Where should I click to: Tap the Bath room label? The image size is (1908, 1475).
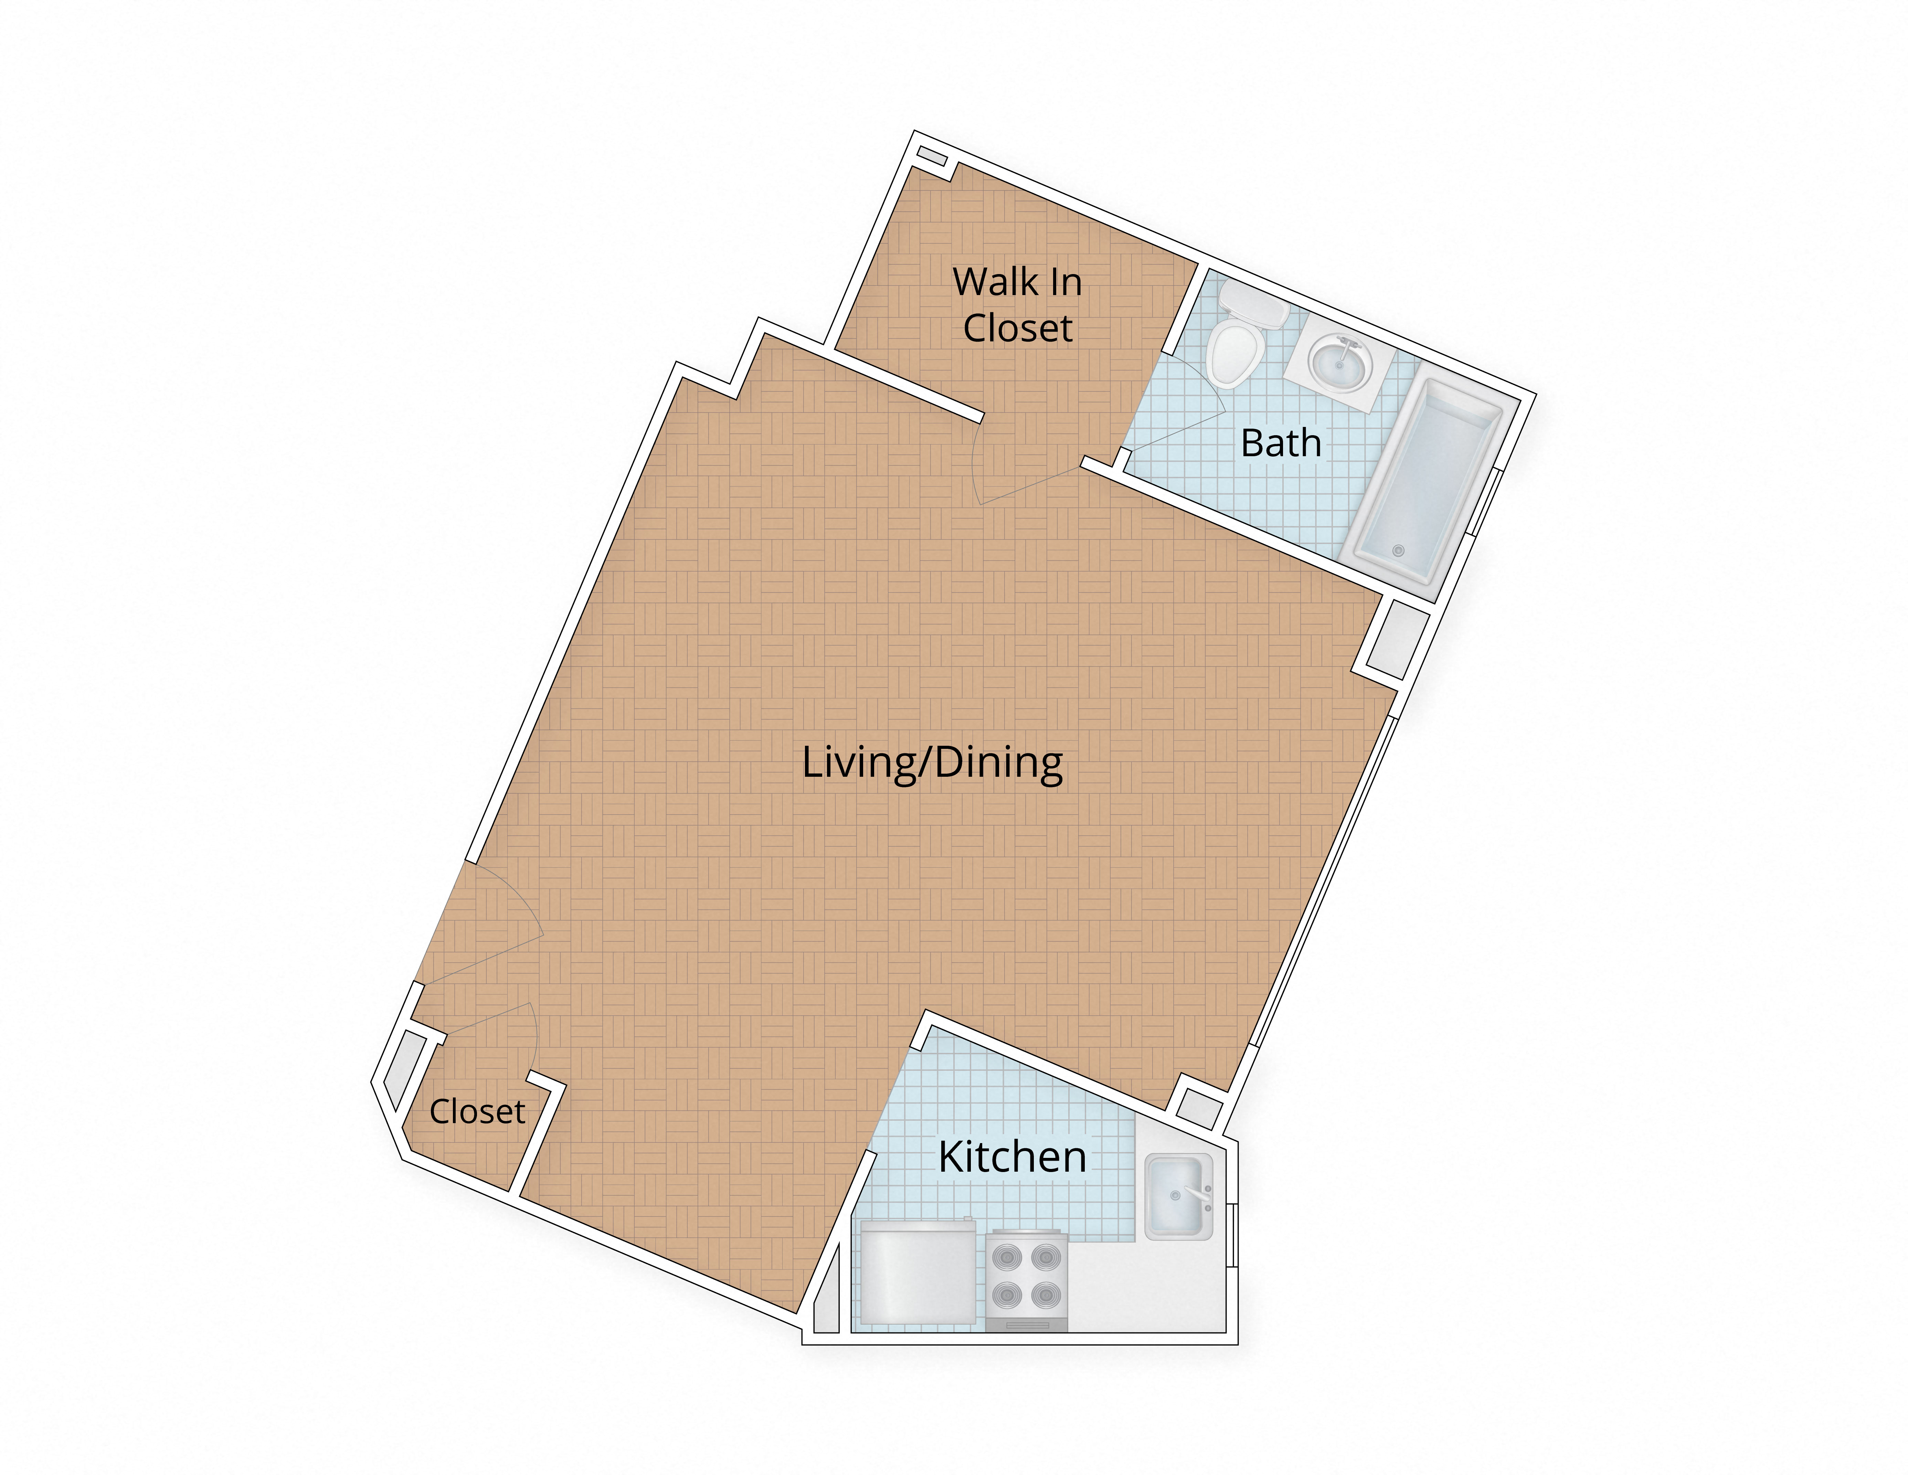pyautogui.click(x=1281, y=443)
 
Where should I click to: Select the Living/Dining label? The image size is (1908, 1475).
pyautogui.click(x=932, y=763)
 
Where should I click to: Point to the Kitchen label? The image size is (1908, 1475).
pyautogui.click(x=1013, y=1157)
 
